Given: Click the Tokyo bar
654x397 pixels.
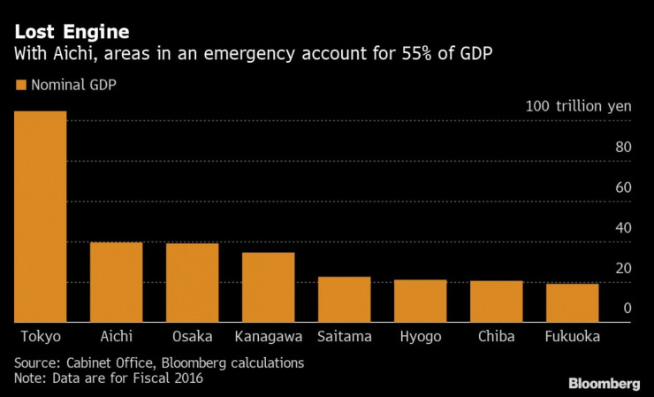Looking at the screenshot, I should (x=40, y=217).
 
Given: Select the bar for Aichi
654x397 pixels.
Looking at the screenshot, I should (x=116, y=282).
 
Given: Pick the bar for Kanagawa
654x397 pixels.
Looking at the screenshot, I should (x=268, y=287).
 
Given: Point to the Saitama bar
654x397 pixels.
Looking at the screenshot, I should (x=344, y=300).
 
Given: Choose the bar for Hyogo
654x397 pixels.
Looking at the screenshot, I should (x=420, y=301).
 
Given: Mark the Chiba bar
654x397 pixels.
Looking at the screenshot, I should (x=496, y=302).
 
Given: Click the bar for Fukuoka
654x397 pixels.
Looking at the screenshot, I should (x=572, y=302).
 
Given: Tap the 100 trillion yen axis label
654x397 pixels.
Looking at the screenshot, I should (x=578, y=105).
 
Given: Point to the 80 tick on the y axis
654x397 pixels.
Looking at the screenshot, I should (x=623, y=147).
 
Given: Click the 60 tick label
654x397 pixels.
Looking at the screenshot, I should (x=623, y=187).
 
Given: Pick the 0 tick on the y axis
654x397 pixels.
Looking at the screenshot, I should (x=627, y=308).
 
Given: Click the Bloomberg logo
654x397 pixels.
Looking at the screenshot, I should (x=604, y=383).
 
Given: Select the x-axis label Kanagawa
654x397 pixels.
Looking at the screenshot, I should (x=269, y=337).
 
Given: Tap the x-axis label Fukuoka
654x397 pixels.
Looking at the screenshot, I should (x=573, y=337).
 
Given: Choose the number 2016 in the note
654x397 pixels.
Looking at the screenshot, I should (x=188, y=378).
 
